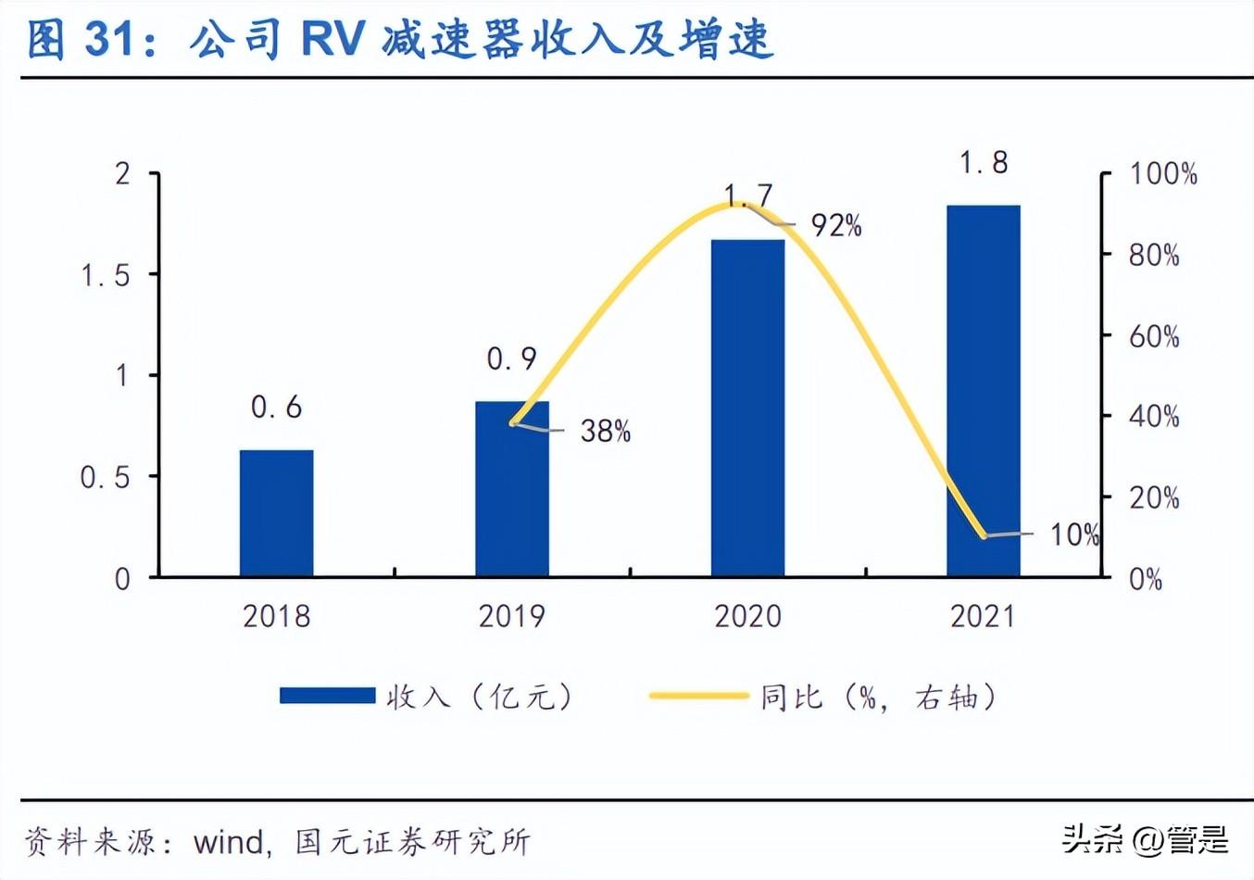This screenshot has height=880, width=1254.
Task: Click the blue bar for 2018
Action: click(276, 513)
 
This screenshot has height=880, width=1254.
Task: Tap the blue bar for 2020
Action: click(747, 408)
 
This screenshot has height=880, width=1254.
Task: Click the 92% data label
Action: click(836, 225)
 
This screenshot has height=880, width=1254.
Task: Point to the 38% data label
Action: click(605, 431)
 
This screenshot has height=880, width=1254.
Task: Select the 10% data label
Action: click(1073, 534)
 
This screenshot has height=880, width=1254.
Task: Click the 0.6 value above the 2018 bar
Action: click(276, 407)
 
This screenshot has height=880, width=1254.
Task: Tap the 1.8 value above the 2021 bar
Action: click(983, 163)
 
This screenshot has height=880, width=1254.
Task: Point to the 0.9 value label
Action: click(511, 358)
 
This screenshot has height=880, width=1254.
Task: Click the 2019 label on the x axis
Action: click(511, 616)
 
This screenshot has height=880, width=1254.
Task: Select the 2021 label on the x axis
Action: click(983, 616)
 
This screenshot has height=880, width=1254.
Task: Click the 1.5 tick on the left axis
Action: click(106, 275)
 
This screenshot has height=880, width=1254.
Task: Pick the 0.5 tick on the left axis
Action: click(105, 477)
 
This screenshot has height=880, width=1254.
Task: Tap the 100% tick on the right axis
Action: click(1162, 174)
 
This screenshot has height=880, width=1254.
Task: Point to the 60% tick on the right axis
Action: click(1154, 336)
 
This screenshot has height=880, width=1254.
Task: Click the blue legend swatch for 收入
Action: click(327, 696)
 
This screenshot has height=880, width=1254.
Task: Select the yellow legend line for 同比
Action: click(698, 696)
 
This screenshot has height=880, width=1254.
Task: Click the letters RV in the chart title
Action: click(332, 40)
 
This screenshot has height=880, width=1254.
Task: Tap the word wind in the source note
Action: click(229, 842)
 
